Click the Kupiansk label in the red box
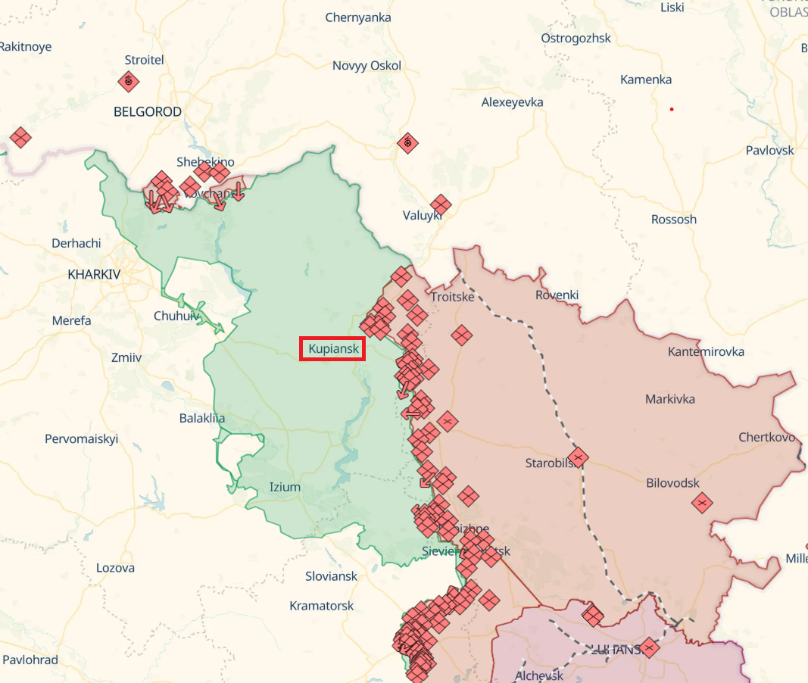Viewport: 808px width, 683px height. (333, 349)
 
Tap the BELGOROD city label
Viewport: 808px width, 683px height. (148, 112)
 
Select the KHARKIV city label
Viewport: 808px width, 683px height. (94, 274)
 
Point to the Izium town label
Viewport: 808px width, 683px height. (285, 487)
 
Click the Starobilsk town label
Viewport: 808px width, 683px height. (551, 463)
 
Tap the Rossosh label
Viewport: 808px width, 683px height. (673, 220)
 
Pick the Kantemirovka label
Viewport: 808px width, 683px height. (706, 351)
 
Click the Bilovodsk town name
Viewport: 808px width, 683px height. (672, 483)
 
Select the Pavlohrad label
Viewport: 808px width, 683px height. (30, 660)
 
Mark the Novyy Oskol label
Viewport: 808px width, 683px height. (367, 66)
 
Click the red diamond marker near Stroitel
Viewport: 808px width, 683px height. (129, 80)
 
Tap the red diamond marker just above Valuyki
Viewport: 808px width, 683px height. (440, 204)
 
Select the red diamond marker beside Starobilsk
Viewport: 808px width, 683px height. (579, 457)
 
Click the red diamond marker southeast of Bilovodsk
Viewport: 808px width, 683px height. (702, 502)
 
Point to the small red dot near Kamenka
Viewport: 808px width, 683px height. (671, 109)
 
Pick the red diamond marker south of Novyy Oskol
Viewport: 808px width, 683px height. (408, 142)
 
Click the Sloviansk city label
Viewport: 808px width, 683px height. (331, 576)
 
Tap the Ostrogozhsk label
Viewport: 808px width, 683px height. (576, 38)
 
